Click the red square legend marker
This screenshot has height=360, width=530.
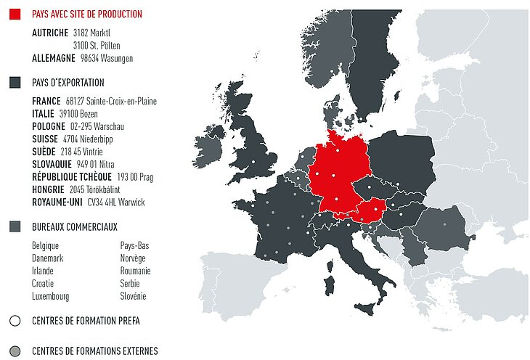click(15, 14)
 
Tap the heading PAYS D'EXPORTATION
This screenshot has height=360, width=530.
click(68, 83)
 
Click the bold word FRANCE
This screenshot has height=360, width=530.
click(46, 101)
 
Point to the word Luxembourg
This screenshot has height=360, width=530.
click(50, 296)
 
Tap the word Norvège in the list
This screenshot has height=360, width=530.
click(133, 258)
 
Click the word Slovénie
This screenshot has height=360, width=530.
click(133, 296)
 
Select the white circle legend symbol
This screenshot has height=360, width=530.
click(15, 320)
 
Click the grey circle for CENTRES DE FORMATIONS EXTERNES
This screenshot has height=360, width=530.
click(15, 351)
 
